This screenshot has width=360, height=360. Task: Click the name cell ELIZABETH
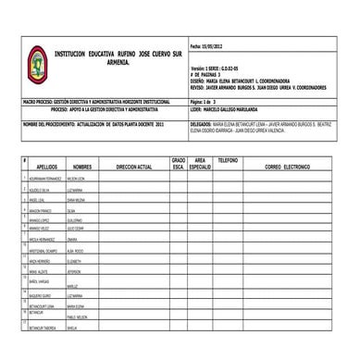click(79, 262)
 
